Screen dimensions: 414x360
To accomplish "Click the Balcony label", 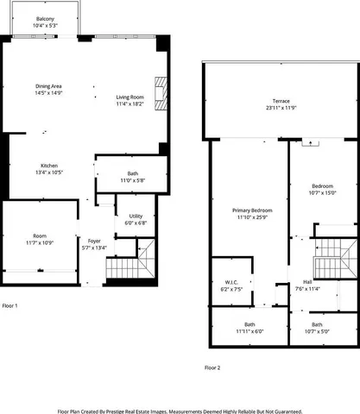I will click(x=44, y=19).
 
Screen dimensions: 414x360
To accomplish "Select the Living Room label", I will click(x=129, y=97).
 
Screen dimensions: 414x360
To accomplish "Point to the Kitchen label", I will click(x=48, y=166).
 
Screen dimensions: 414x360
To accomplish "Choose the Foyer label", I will click(x=94, y=241).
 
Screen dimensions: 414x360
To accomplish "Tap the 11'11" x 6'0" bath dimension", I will click(x=249, y=331).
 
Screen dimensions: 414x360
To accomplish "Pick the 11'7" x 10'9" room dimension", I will click(x=40, y=243).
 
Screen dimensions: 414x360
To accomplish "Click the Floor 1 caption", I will click(x=10, y=305).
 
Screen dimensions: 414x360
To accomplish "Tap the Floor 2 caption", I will click(x=212, y=367).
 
